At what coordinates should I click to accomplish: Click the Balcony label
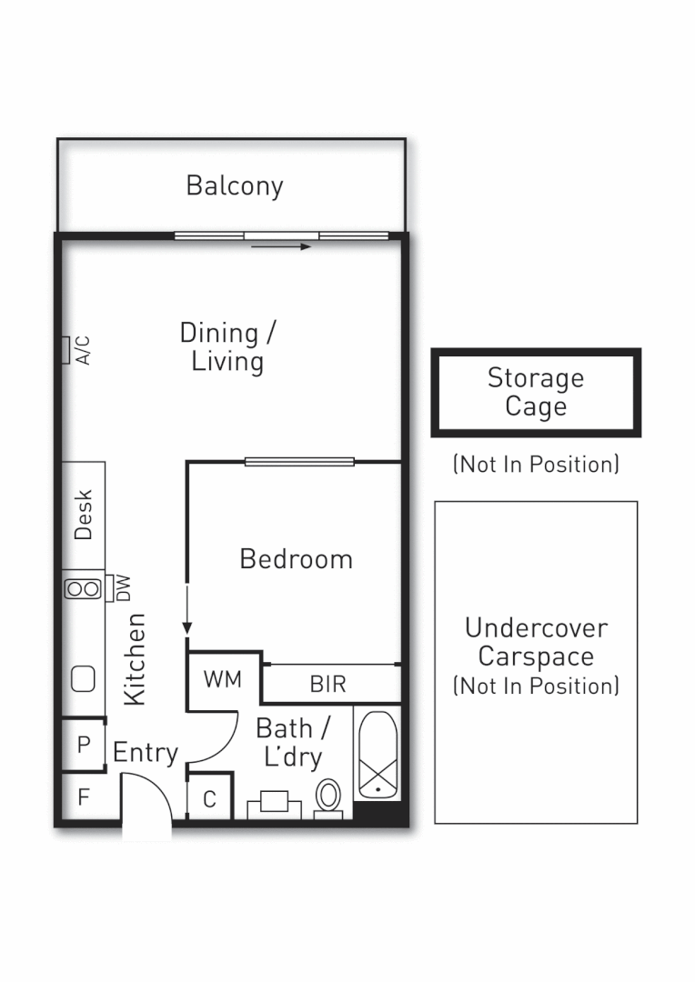click(235, 185)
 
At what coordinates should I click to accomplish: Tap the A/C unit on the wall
click(66, 350)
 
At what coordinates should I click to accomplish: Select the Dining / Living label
click(227, 346)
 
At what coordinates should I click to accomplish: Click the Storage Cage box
click(536, 393)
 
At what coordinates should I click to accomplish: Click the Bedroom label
click(296, 558)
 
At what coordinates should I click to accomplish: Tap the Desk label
click(84, 516)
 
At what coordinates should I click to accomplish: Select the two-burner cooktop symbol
click(83, 588)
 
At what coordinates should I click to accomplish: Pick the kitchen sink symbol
click(83, 677)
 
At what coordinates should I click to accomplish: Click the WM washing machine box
click(223, 679)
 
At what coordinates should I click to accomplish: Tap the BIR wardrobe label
click(327, 684)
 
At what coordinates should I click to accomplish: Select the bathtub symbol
click(376, 757)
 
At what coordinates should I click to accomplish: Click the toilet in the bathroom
click(328, 797)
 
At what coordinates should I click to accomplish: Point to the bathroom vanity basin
click(274, 804)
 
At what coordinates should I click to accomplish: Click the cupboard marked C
click(209, 799)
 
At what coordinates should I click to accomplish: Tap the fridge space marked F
click(84, 798)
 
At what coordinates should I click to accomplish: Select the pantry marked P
click(84, 745)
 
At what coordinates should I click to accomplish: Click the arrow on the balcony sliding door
click(281, 245)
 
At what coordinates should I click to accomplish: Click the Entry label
click(145, 753)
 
